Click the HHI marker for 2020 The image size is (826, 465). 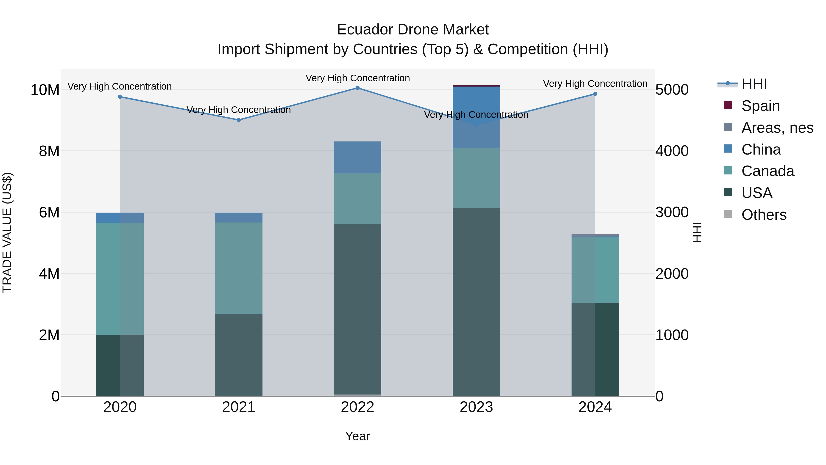tap(120, 97)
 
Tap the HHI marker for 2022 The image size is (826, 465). tap(357, 88)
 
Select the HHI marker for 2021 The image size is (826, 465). tap(239, 120)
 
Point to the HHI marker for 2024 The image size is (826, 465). tap(595, 94)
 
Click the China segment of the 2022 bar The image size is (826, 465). tap(357, 157)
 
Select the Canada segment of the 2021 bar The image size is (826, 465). tap(239, 268)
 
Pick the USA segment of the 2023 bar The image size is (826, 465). tap(476, 302)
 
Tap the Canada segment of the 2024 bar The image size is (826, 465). tap(595, 270)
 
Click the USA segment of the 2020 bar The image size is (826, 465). tap(120, 365)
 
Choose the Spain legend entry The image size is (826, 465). tap(760, 106)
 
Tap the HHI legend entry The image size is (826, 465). tap(754, 84)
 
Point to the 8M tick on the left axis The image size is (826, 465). tap(49, 151)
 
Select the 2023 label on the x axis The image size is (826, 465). tap(476, 407)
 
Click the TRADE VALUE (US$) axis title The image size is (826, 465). tap(7, 232)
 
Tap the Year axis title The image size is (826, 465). tap(357, 436)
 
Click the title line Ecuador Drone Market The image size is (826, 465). tap(413, 30)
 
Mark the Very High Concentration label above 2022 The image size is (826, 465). tap(357, 78)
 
